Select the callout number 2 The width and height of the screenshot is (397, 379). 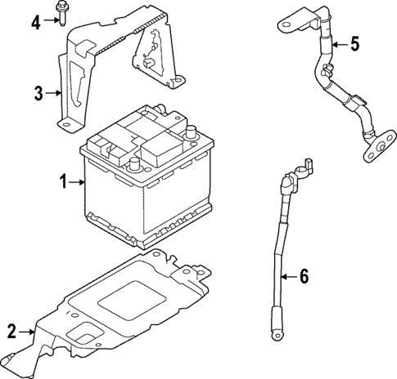tap(11, 331)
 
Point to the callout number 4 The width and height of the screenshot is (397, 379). tap(35, 21)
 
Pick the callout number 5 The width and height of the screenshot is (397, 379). tap(354, 44)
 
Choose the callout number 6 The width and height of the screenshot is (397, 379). tap(303, 277)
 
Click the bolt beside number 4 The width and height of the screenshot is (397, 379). tap(62, 14)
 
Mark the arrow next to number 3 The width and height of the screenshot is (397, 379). tap(54, 93)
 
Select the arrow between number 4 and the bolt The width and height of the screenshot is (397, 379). tap(51, 21)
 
